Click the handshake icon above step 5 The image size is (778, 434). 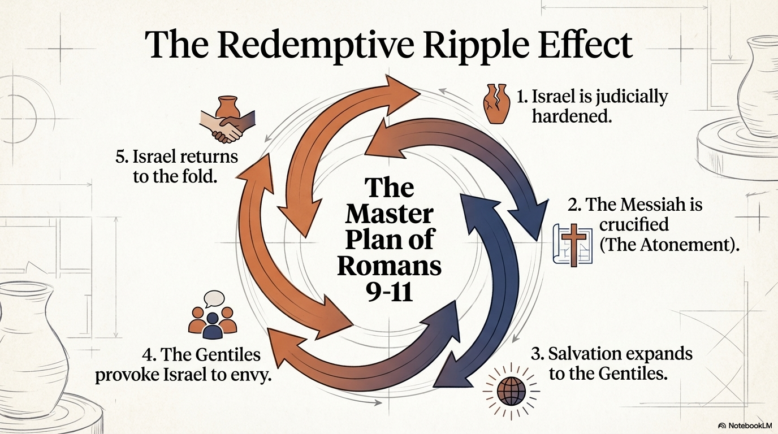pyautogui.click(x=227, y=120)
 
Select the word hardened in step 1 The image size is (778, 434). pyautogui.click(x=571, y=116)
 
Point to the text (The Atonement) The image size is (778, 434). pyautogui.click(x=669, y=245)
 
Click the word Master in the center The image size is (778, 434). pyautogui.click(x=390, y=214)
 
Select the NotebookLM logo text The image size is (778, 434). pyautogui.click(x=747, y=426)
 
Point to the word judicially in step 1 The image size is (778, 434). pyautogui.click(x=632, y=98)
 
